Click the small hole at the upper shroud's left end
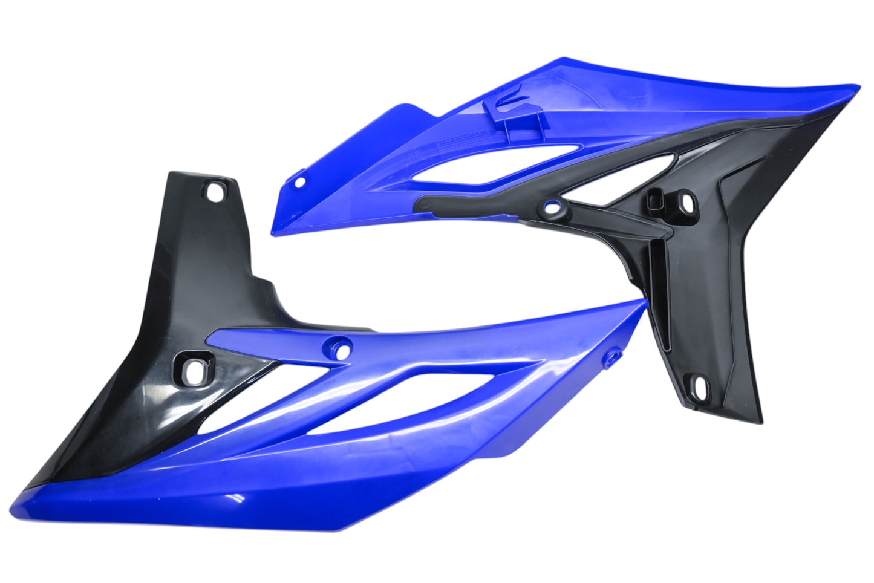click(301, 180)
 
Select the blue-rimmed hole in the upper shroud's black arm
click(550, 207)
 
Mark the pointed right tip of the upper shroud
click(858, 86)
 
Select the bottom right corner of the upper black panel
click(761, 421)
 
